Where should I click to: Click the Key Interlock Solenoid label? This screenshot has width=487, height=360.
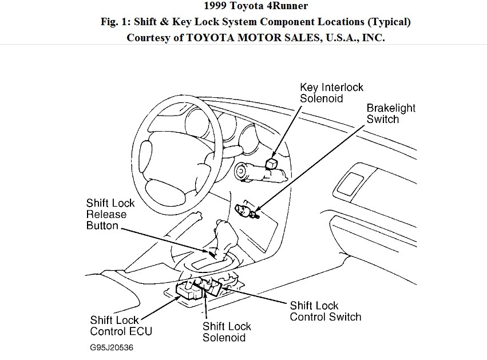[x=332, y=93]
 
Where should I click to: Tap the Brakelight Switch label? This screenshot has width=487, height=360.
[x=391, y=113]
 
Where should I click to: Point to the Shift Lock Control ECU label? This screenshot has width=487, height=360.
[x=121, y=326]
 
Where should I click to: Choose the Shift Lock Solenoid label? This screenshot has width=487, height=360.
[x=227, y=332]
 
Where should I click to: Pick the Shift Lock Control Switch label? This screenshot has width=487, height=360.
[x=326, y=311]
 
